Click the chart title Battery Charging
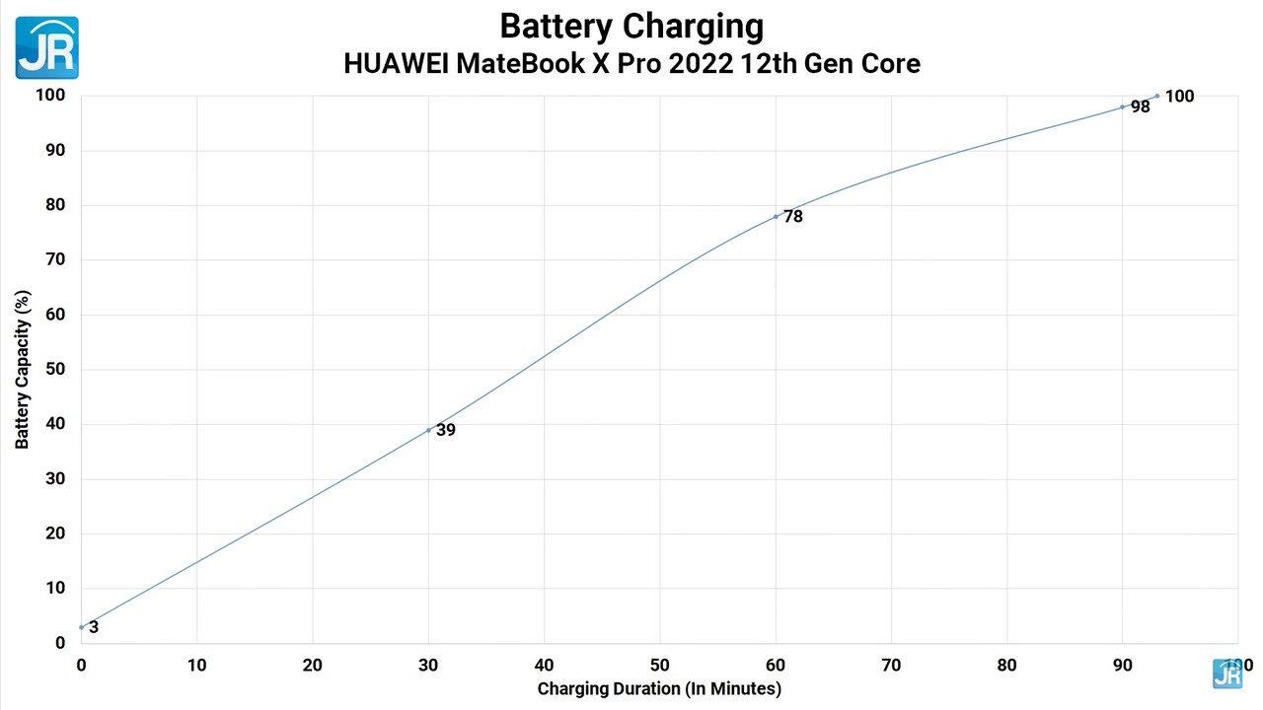pos(631,26)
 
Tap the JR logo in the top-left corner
pos(46,47)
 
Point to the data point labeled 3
pos(82,627)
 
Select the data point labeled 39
pos(428,430)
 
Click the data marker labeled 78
pos(776,216)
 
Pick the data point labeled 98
pos(1123,106)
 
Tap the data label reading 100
pos(1179,97)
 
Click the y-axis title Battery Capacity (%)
pos(22,369)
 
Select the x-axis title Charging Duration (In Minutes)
pos(659,688)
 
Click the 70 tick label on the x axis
pos(891,666)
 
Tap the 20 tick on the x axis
pos(313,666)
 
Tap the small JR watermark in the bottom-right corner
pos(1226,674)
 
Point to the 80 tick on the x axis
pos(1006,666)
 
